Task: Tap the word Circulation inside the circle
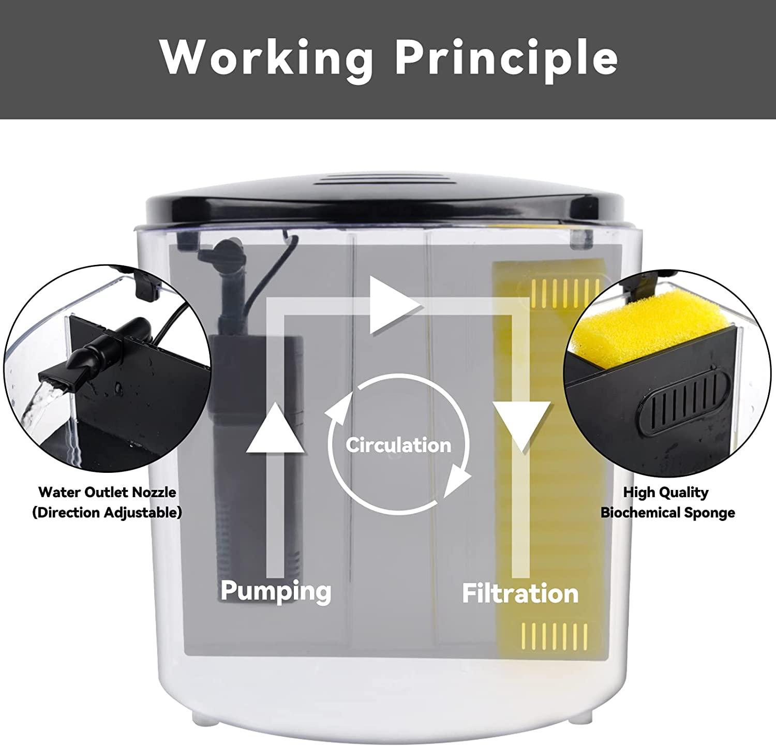click(398, 445)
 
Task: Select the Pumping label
click(276, 590)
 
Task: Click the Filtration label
click(520, 593)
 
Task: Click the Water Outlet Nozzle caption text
click(107, 492)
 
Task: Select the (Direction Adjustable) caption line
click(107, 513)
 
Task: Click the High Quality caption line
click(666, 492)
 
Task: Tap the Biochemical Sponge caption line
click(668, 513)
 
